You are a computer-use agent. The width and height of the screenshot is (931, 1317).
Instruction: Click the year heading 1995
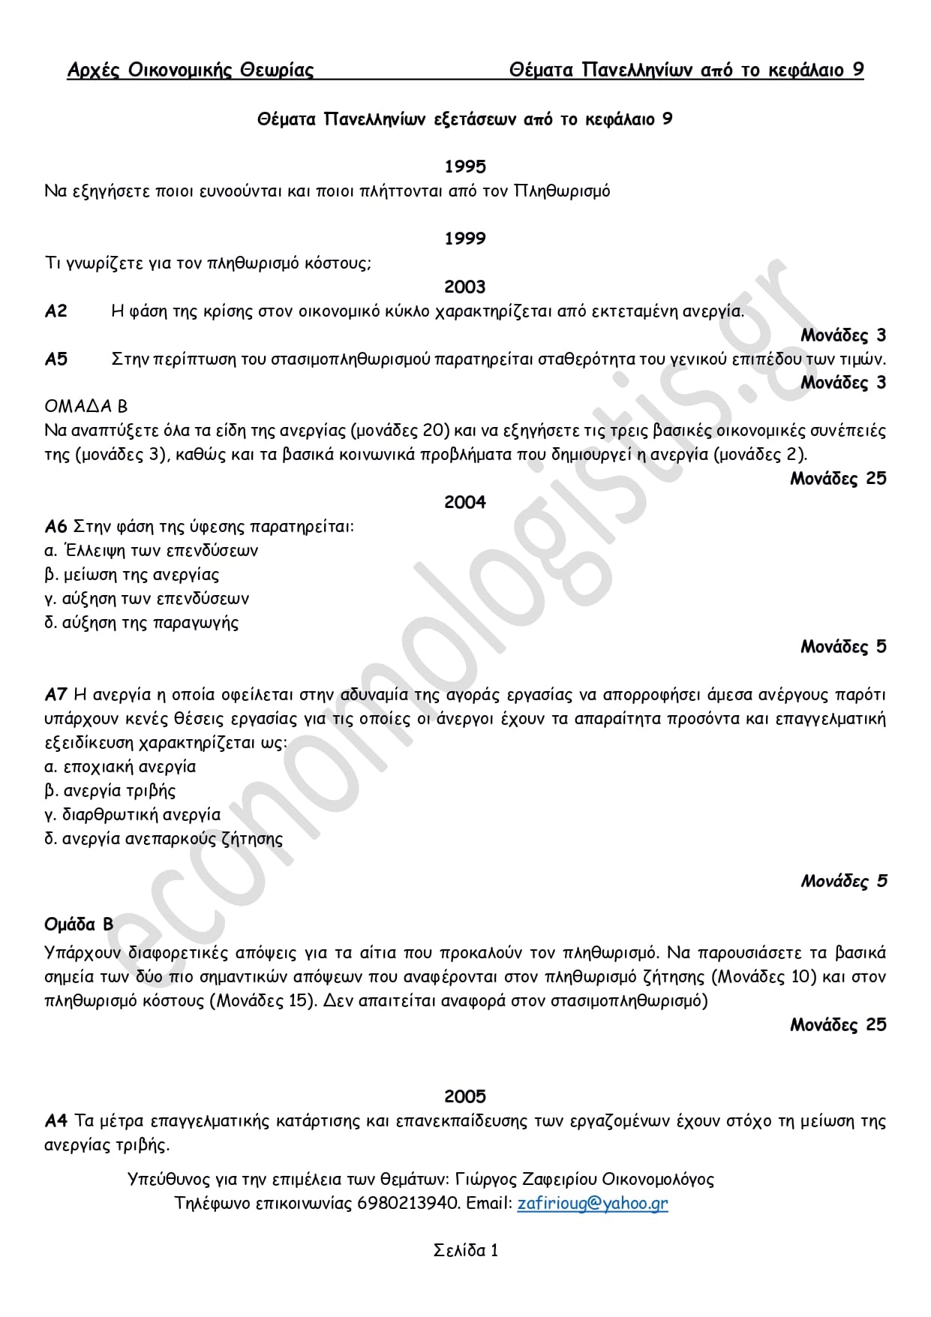[464, 167]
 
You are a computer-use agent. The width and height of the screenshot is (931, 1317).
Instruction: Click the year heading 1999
[464, 239]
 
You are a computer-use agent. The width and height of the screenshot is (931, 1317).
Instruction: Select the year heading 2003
[464, 287]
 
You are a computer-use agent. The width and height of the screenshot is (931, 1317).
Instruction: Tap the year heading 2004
[464, 502]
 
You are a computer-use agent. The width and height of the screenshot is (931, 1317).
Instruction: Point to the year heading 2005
[464, 1096]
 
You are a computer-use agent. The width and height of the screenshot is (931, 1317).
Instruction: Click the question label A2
[56, 311]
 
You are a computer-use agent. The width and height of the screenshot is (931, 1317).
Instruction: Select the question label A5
[56, 359]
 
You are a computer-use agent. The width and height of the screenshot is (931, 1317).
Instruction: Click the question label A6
[56, 526]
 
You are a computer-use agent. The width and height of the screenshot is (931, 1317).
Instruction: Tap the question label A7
[56, 694]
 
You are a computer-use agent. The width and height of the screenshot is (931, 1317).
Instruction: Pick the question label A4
[56, 1121]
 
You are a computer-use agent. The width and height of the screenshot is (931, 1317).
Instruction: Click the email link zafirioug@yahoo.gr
[592, 1203]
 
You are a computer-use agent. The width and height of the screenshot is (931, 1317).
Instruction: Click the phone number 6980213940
[408, 1203]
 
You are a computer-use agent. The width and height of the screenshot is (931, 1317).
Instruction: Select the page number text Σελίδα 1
[465, 1250]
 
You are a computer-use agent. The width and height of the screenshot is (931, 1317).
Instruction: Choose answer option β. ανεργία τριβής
[110, 791]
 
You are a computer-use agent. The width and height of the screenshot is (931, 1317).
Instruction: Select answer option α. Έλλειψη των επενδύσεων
[151, 551]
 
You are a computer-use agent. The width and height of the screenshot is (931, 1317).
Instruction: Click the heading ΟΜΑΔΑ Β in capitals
[86, 407]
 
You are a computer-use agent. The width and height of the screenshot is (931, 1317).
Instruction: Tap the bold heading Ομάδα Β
[79, 924]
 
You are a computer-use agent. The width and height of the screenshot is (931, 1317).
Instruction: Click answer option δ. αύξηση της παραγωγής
[142, 623]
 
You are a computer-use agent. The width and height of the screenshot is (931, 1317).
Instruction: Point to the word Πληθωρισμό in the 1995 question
[562, 191]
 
